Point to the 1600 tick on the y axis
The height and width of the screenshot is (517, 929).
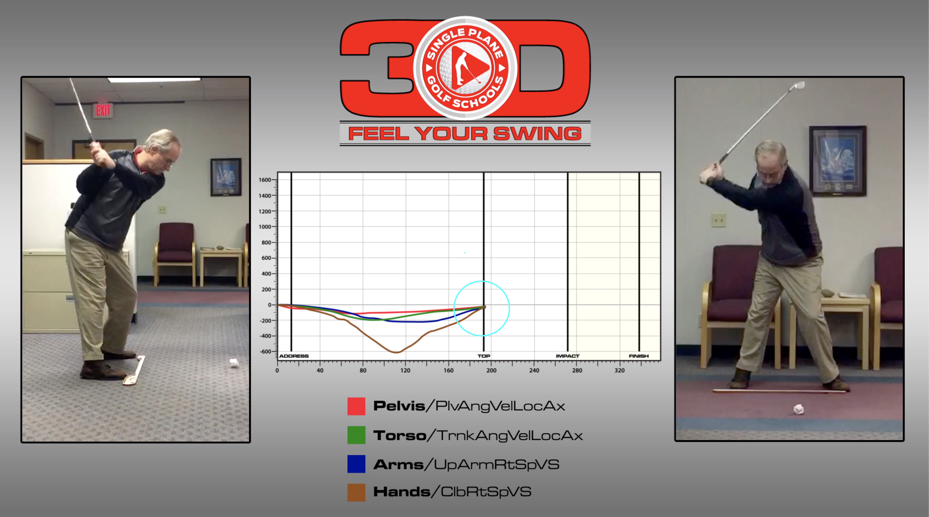click(x=265, y=180)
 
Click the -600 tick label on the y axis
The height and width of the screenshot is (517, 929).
click(x=266, y=352)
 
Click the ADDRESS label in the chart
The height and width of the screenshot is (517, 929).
click(x=294, y=356)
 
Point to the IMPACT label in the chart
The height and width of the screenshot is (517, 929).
click(x=568, y=356)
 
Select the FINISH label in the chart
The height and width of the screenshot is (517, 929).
click(x=639, y=356)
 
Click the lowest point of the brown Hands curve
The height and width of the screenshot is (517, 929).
click(x=396, y=352)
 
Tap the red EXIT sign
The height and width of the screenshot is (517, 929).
click(x=103, y=111)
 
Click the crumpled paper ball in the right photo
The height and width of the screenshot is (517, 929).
click(x=799, y=409)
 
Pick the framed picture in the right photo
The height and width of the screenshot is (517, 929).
click(x=837, y=161)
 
